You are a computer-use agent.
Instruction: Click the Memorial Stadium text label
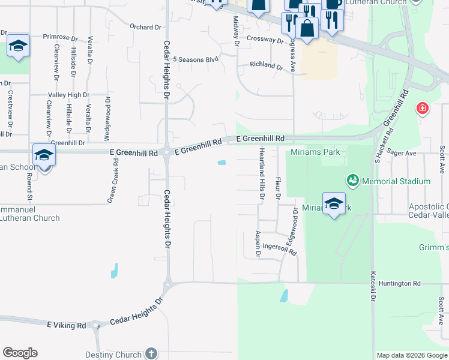click(x=396, y=181)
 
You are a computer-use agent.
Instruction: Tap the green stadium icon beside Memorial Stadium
click(x=352, y=180)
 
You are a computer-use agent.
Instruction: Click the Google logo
click(x=20, y=353)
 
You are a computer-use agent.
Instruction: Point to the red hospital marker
click(x=423, y=109)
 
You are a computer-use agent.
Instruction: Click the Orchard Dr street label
click(x=146, y=27)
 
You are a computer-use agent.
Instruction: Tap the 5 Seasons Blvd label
click(x=195, y=59)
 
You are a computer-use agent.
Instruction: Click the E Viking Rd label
click(x=67, y=325)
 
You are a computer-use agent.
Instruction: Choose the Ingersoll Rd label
click(x=280, y=249)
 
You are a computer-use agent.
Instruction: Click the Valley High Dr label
click(x=68, y=95)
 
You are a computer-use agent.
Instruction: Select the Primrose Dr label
click(x=61, y=36)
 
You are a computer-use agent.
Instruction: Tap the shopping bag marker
click(x=307, y=28)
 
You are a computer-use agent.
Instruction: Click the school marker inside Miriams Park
click(x=334, y=203)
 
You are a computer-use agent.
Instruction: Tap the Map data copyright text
click(x=411, y=355)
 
